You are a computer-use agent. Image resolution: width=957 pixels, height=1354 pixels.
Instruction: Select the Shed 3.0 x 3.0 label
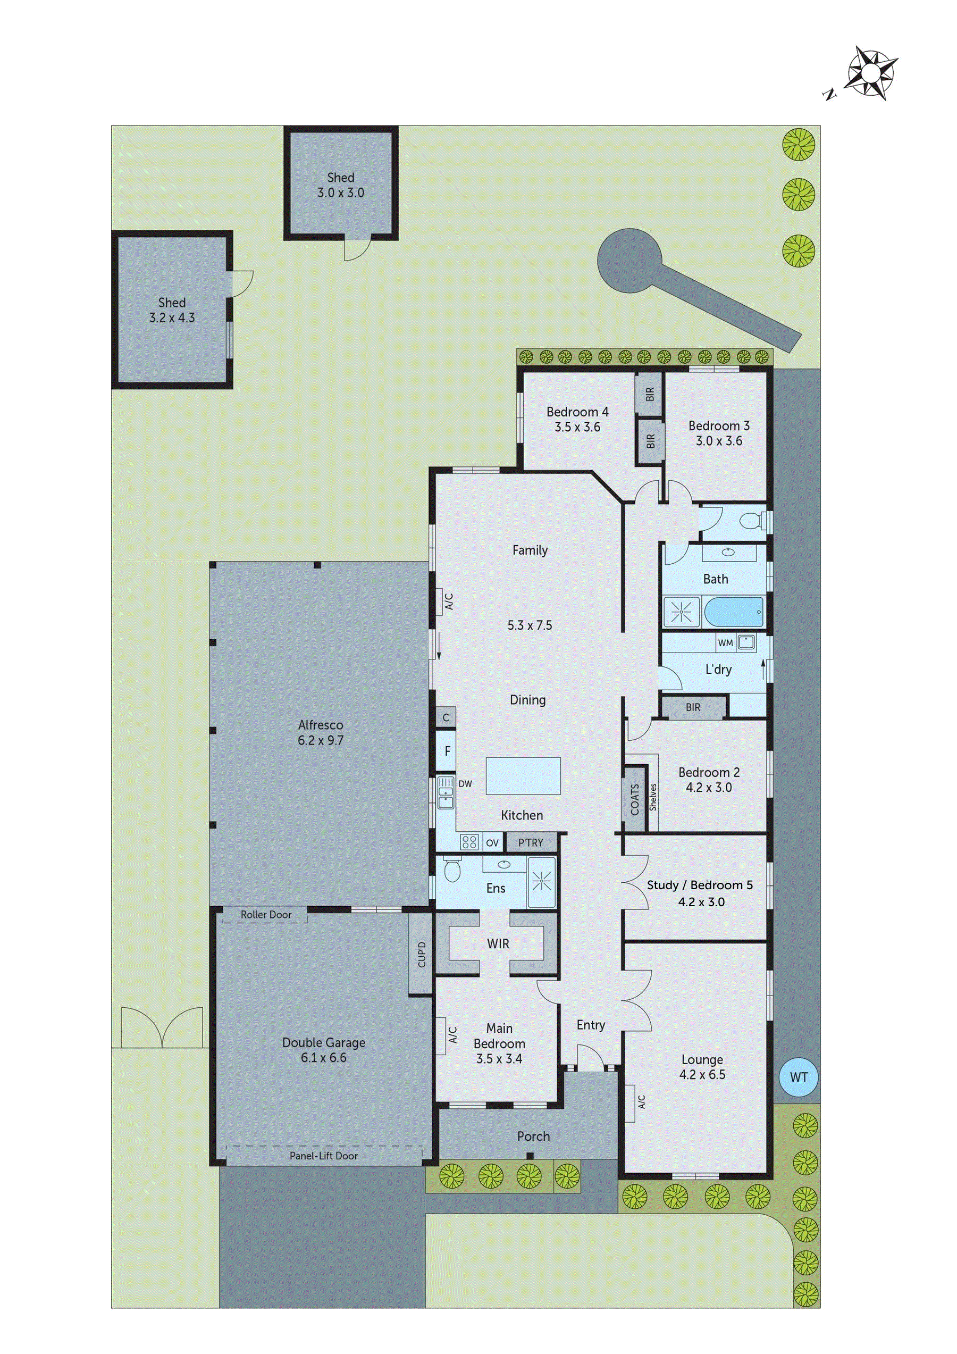click(341, 185)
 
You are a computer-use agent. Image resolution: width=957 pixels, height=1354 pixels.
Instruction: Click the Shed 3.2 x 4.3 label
click(172, 310)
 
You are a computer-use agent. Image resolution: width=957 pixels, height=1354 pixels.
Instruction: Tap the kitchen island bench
click(523, 776)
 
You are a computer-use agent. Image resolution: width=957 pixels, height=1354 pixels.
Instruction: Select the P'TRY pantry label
click(531, 843)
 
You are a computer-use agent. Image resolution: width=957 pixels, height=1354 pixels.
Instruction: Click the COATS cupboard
click(634, 799)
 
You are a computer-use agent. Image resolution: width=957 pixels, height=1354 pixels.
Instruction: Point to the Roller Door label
click(266, 915)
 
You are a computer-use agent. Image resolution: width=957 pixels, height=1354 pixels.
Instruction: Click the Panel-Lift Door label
click(324, 1156)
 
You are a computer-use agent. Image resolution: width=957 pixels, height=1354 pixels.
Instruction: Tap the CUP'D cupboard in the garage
click(421, 954)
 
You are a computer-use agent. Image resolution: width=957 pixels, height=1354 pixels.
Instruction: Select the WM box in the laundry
click(725, 643)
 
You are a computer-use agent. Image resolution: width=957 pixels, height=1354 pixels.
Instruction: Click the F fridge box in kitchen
click(447, 751)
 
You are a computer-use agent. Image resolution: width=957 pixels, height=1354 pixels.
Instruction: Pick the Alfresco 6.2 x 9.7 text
click(320, 732)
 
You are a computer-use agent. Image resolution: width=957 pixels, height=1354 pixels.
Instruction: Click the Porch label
click(533, 1136)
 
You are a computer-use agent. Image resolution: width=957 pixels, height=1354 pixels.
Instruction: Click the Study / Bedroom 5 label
click(700, 893)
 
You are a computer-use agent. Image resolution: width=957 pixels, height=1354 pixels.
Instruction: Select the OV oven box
click(492, 843)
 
